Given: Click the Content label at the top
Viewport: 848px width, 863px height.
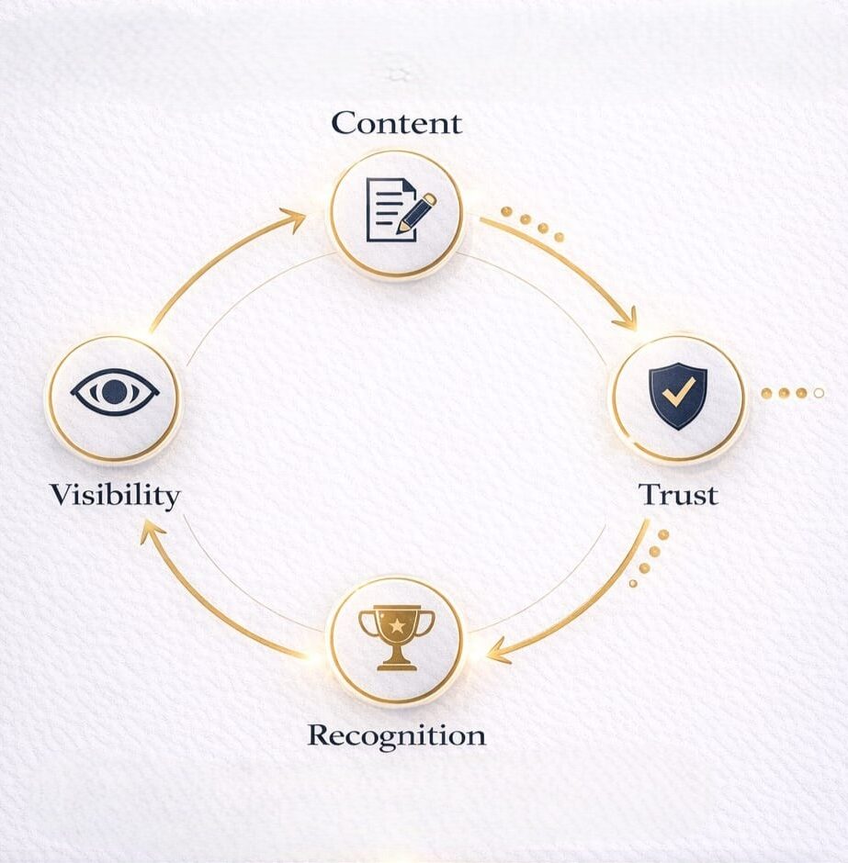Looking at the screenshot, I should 396,123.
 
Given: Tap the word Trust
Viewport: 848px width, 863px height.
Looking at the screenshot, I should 678,495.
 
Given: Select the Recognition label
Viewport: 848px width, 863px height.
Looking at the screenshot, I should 396,735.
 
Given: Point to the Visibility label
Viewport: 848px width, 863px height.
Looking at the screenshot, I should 115,495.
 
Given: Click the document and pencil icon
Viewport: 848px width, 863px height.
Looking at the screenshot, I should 398,209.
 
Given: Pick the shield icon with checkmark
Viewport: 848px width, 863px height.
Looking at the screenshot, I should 678,396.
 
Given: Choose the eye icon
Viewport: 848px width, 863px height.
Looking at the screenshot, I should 114,392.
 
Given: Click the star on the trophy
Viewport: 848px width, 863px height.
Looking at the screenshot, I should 396,625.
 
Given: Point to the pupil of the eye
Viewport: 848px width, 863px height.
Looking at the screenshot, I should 114,392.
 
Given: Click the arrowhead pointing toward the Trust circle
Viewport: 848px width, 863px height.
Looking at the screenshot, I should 627,322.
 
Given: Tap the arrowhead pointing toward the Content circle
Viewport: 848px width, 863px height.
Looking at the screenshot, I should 296,217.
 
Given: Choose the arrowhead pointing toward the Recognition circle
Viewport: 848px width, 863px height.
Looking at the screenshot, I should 496,654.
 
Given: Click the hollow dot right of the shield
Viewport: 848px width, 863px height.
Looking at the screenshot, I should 819,393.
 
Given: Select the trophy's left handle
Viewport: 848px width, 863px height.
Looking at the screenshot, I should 367,623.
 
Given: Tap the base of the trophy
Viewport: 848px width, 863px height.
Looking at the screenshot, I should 396,664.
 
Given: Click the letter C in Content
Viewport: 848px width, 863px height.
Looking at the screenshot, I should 343,123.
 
